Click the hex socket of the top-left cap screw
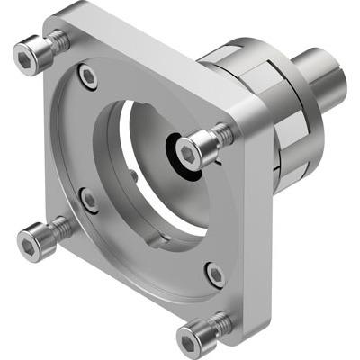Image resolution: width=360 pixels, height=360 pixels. [x=30, y=55]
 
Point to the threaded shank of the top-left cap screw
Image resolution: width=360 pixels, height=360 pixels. [x=58, y=40]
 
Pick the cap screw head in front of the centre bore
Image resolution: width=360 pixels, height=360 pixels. [x=194, y=148]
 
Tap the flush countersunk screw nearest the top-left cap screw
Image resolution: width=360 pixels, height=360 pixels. [x=87, y=77]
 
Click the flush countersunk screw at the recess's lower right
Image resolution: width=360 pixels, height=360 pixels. [x=214, y=274]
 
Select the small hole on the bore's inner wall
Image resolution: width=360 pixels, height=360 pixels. [x=134, y=175]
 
